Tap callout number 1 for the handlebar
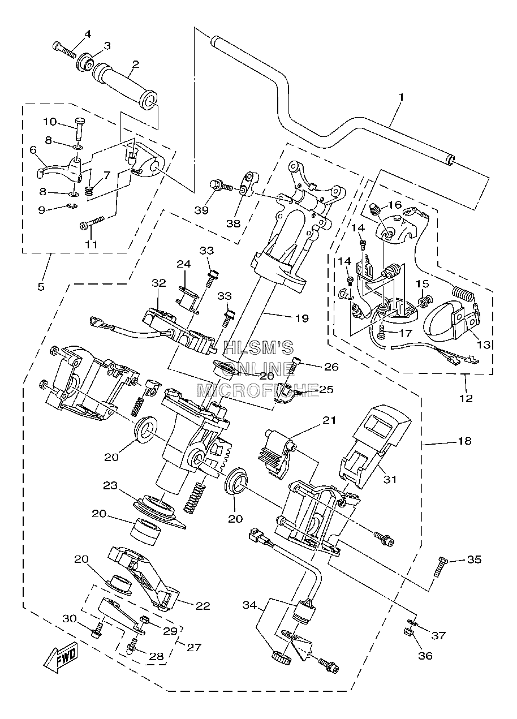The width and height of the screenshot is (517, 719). coord(401,97)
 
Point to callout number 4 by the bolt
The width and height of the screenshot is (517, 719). coord(87,34)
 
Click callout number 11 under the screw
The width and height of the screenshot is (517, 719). coord(91,244)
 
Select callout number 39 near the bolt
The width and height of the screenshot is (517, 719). coord(201,210)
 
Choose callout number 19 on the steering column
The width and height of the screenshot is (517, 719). coord(301,318)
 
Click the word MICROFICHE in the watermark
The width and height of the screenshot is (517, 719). coord(257,391)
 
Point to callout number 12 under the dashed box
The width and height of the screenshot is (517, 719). coord(466,398)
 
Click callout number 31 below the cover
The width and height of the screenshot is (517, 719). coord(390,488)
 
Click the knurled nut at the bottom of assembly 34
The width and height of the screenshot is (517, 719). coord(282,658)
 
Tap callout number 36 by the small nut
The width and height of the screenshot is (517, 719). coord(425,655)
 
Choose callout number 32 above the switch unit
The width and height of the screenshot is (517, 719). coord(159,283)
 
